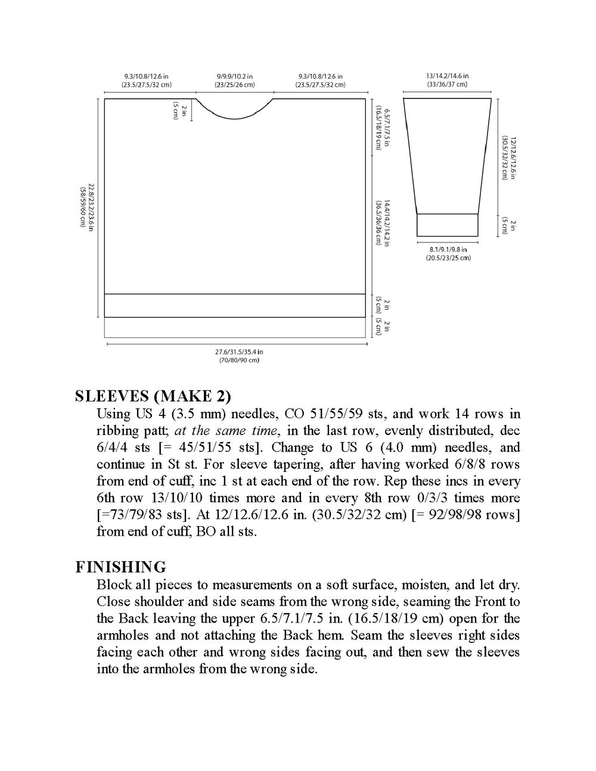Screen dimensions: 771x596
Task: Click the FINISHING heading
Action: (121, 567)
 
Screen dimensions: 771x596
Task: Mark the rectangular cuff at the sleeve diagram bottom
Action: (447, 225)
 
